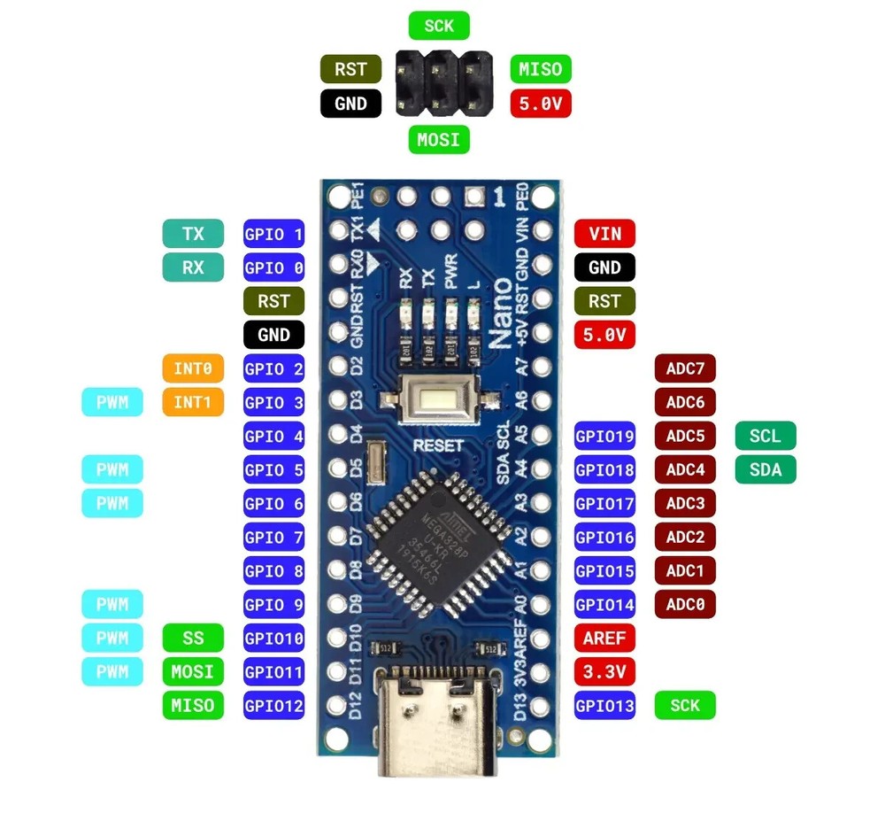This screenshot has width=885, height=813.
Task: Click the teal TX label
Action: [192, 234]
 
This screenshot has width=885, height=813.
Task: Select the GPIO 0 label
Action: [273, 267]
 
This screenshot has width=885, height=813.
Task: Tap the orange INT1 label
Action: [192, 402]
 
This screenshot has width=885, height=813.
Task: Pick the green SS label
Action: [192, 638]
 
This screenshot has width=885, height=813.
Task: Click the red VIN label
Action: [604, 234]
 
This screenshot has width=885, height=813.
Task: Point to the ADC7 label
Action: [685, 368]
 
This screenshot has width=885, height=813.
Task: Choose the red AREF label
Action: [604, 638]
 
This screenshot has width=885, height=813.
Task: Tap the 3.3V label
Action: [604, 671]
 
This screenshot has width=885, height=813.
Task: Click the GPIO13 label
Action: [604, 705]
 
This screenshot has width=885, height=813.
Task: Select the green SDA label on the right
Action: [766, 469]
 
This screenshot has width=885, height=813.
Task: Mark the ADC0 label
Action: [685, 604]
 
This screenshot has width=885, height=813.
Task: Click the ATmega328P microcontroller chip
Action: [440, 540]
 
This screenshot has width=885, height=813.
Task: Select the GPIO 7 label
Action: [273, 537]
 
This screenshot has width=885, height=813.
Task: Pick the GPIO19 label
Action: [604, 436]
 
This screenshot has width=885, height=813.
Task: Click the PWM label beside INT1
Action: [112, 402]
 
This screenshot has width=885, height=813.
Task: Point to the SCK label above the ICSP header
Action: [439, 25]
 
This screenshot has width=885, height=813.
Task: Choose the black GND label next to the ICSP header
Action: [350, 104]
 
